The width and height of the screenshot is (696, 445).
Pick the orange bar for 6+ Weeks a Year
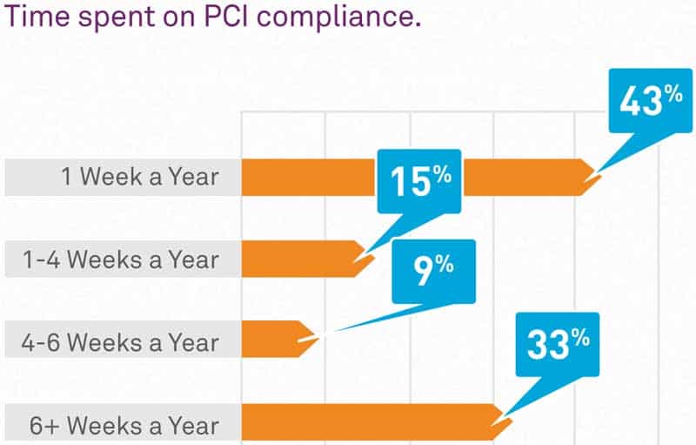(365, 421)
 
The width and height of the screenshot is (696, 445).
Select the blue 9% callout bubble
(433, 271)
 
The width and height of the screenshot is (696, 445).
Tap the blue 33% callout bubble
(557, 344)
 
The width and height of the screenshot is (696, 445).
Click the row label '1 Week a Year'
(140, 178)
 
